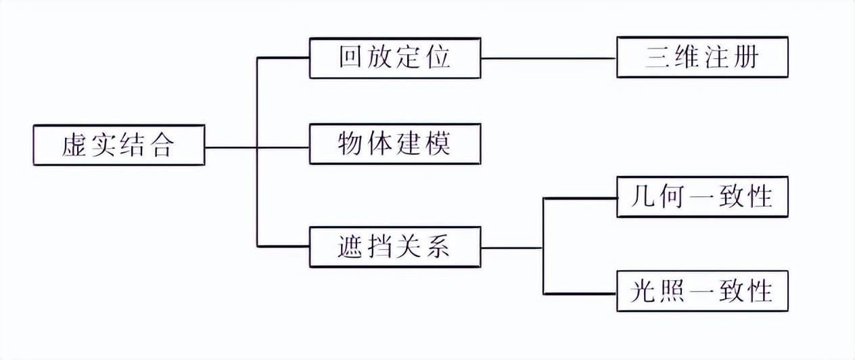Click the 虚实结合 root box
[118, 145]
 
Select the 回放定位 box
[394, 58]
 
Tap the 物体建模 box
[394, 143]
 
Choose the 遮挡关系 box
[394, 248]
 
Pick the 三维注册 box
[702, 58]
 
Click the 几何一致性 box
[702, 197]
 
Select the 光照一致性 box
[702, 292]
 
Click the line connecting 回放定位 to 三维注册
[548, 58]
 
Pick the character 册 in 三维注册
[746, 58]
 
